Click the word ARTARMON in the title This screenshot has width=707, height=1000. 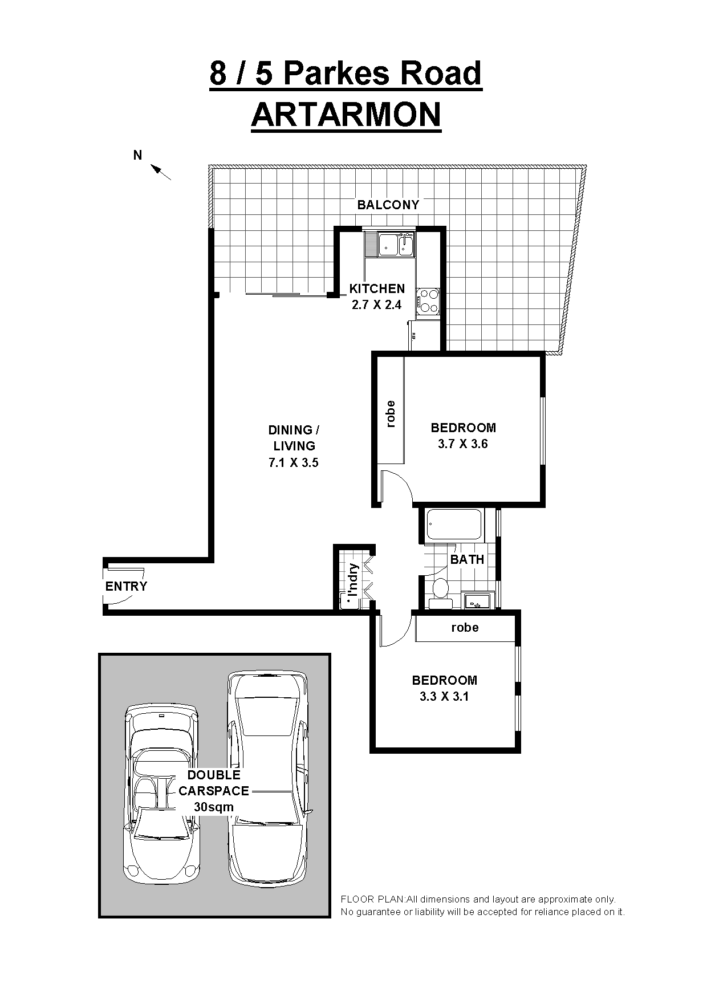346,115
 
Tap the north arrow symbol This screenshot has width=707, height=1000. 161,172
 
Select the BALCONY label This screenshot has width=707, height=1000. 388,205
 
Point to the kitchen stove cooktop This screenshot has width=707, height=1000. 428,302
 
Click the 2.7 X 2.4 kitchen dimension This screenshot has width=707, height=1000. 376,305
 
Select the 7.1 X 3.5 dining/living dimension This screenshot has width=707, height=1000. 294,463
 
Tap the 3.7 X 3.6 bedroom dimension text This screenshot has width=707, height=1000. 463,444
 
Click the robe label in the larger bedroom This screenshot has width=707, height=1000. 391,414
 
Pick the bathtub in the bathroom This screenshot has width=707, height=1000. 454,525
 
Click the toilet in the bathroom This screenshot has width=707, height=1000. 440,588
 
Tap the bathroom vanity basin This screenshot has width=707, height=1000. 476,600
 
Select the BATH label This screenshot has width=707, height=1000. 467,559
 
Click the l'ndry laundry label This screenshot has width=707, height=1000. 353,579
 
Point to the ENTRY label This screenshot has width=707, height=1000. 126,586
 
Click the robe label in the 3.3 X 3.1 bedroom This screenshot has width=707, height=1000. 465,628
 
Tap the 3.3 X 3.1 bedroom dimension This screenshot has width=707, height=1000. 444,696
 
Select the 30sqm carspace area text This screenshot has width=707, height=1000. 214,807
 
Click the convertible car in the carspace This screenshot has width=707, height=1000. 162,792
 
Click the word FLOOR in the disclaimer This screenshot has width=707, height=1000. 354,899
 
